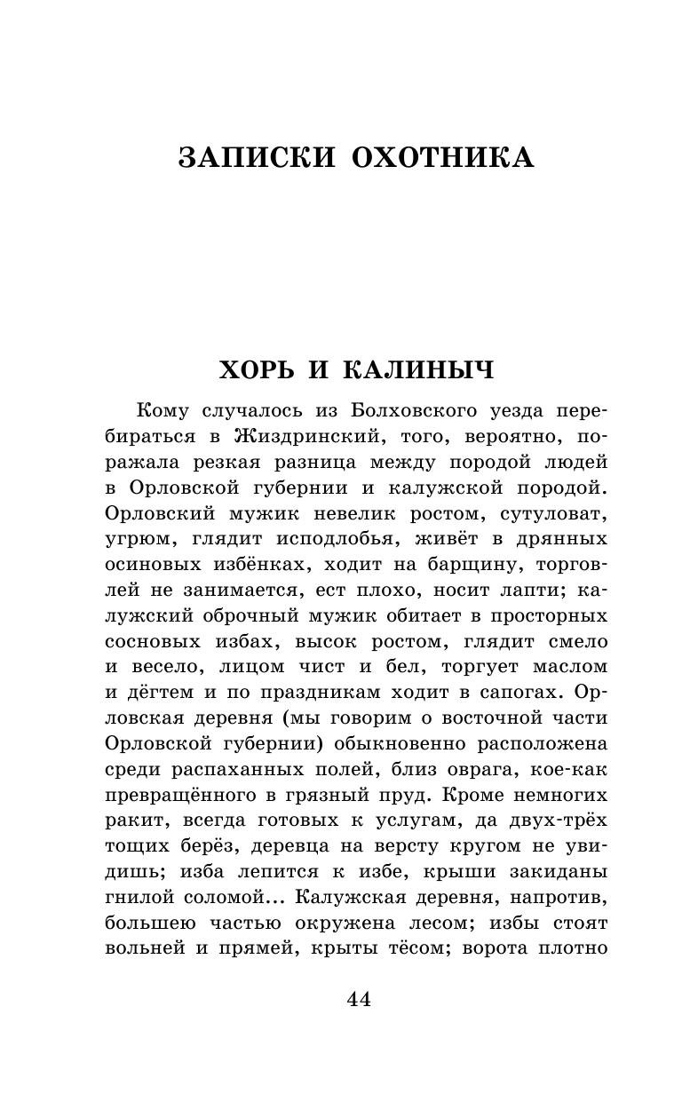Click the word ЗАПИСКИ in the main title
pos(256,157)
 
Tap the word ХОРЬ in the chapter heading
pos(264,369)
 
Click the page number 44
pos(359,1000)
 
